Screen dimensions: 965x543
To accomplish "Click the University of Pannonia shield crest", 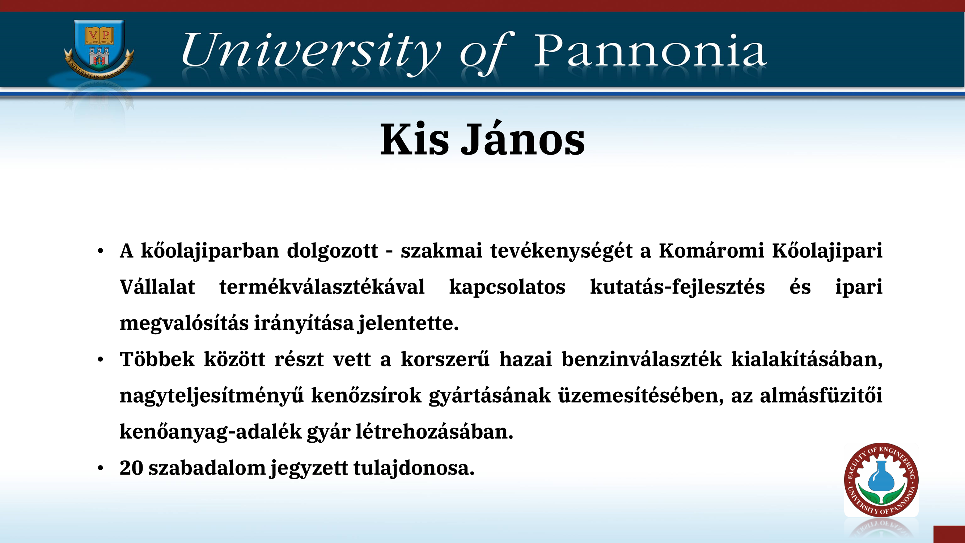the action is [99, 49].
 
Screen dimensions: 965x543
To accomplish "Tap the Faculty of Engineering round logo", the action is [881, 480].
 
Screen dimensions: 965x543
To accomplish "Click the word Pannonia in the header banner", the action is [650, 51].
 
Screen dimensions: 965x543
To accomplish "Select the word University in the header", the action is [311, 52].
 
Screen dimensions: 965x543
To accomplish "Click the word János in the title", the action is [522, 138].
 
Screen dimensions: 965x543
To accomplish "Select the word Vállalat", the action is [157, 287].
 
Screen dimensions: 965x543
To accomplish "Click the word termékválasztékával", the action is [322, 287].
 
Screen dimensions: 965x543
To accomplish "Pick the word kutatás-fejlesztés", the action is [677, 287].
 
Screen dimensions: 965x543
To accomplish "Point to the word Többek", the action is [157, 359].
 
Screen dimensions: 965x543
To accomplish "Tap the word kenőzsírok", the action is [367, 395].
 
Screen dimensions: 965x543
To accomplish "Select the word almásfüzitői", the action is [821, 395].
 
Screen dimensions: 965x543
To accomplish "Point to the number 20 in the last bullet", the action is [131, 468].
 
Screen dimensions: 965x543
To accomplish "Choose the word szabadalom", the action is [207, 468].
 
